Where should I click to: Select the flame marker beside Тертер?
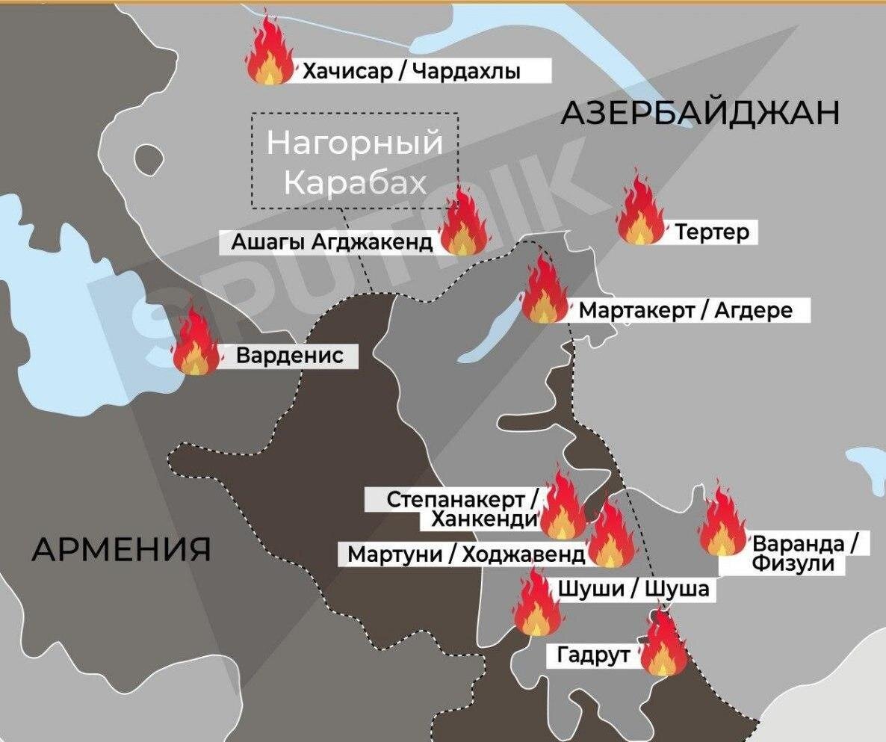(640, 211)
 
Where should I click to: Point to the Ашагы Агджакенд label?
(331, 243)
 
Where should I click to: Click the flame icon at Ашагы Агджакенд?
(463, 223)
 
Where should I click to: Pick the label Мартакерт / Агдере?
(685, 310)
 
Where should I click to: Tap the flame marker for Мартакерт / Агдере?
(545, 291)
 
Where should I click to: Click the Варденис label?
(290, 356)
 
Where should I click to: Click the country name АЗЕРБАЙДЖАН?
(700, 114)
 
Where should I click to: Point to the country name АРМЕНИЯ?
(121, 550)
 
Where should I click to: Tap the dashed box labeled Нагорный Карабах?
(355, 161)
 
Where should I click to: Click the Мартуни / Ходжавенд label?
(467, 555)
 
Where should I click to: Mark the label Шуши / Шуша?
(633, 590)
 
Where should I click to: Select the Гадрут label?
(593, 656)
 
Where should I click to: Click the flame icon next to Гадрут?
(663, 644)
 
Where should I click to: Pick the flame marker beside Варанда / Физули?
(722, 521)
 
